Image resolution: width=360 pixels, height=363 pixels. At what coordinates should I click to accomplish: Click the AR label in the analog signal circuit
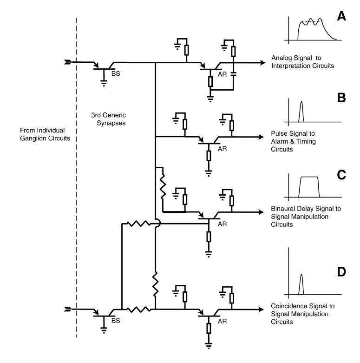click(x=222, y=73)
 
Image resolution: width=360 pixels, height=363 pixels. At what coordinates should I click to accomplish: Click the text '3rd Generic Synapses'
click(x=109, y=118)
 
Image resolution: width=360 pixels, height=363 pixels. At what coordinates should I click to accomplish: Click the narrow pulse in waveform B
click(x=301, y=110)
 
